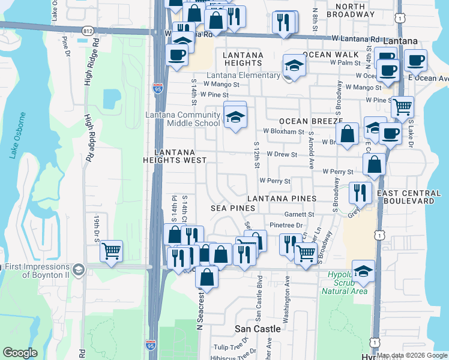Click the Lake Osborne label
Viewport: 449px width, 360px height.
[17, 135]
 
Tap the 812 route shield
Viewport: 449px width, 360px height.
[89, 30]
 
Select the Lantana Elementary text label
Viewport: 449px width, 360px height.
[243, 76]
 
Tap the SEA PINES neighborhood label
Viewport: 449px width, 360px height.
[233, 208]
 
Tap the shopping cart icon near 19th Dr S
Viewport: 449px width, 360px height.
[111, 251]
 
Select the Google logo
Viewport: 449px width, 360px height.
[20, 353]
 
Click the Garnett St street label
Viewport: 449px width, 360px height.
[300, 214]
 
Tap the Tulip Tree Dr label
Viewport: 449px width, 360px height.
[231, 347]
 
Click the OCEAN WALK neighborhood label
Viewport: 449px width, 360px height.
[330, 55]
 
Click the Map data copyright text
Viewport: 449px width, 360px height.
[412, 355]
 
